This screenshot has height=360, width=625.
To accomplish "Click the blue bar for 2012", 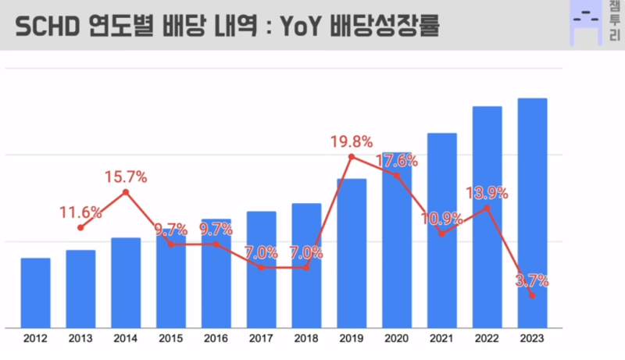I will (x=35, y=293).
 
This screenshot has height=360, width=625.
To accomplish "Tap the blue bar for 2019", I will (x=352, y=253).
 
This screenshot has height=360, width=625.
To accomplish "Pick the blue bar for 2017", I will (x=261, y=269).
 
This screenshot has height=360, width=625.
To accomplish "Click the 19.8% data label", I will (x=351, y=141).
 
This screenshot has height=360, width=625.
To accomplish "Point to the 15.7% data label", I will (x=127, y=177).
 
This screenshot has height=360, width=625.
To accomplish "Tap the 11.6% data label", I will (x=80, y=212).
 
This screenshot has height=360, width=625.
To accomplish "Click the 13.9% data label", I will (x=487, y=193).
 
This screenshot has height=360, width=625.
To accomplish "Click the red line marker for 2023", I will (x=532, y=296).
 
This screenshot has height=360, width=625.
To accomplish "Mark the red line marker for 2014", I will (x=126, y=192).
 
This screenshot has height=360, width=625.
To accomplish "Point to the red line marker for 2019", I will (x=352, y=157).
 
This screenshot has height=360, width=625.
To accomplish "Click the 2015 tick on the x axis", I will (x=170, y=338).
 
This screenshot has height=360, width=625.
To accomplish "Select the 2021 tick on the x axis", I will (x=441, y=338).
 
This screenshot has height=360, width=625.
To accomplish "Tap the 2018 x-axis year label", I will (x=306, y=338).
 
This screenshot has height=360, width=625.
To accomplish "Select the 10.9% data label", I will (x=441, y=219).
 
